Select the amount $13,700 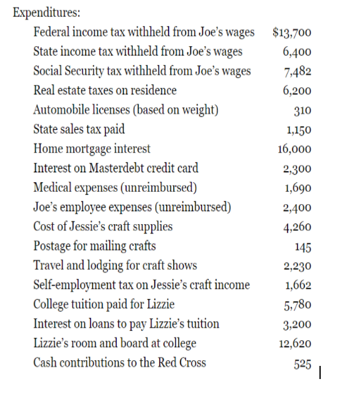click(x=293, y=32)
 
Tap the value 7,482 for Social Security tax click(x=297, y=71)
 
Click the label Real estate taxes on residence click(x=105, y=91)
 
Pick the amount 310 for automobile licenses click(x=303, y=111)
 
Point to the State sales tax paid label click(x=79, y=129)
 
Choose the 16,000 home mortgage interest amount click(x=295, y=149)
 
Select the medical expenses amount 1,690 click(x=298, y=188)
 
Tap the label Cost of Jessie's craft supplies click(x=102, y=227)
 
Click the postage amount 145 click(x=303, y=247)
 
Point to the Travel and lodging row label click(x=115, y=265)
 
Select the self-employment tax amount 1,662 click(x=298, y=285)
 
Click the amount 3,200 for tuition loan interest click(x=298, y=324)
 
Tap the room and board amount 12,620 click(x=295, y=343)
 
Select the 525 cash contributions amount click(x=303, y=363)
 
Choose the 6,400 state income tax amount click(x=297, y=52)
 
